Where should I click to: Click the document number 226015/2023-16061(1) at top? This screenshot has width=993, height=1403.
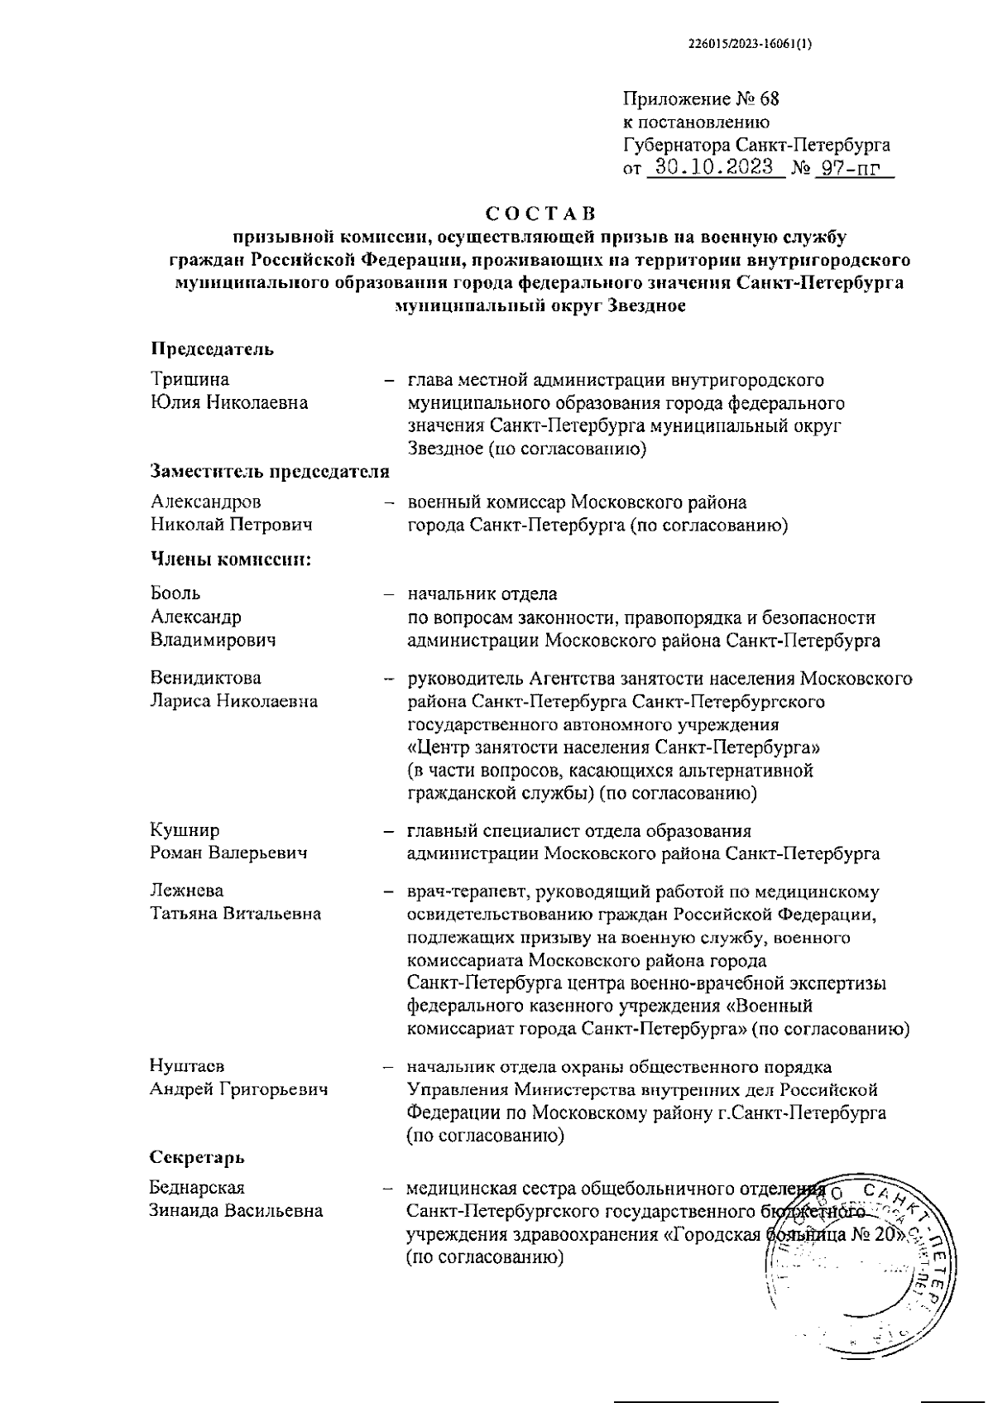click(x=751, y=47)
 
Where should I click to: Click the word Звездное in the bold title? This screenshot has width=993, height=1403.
click(x=645, y=305)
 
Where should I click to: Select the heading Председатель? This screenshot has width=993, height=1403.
click(x=212, y=348)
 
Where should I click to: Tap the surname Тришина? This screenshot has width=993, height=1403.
click(x=190, y=379)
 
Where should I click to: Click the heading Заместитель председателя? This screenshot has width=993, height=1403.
click(x=270, y=471)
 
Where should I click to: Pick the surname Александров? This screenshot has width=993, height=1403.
click(x=205, y=502)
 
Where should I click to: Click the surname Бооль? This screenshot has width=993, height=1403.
click(x=175, y=593)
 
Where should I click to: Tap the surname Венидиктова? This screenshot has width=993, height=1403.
click(x=205, y=677)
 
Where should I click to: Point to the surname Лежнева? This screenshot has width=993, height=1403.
click(x=187, y=891)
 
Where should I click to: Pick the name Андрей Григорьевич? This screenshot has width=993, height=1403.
click(x=238, y=1088)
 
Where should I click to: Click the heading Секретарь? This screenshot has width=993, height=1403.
click(x=197, y=1156)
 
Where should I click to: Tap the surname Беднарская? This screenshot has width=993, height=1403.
click(x=197, y=1188)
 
